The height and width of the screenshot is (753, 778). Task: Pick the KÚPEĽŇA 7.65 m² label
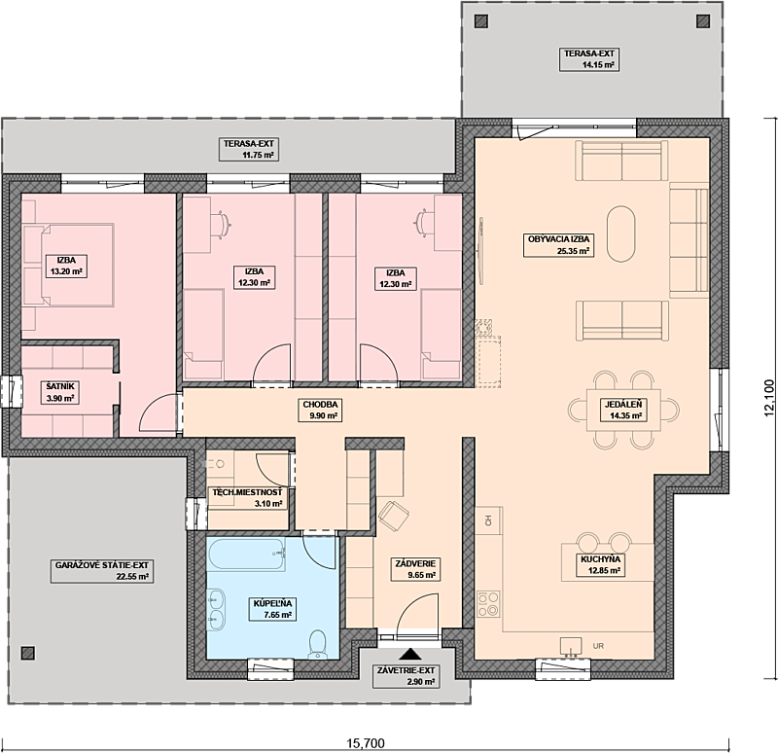tap(273, 609)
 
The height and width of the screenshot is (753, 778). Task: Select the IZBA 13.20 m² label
tap(66, 266)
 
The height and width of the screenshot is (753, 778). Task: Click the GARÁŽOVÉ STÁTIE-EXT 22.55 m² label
tap(102, 570)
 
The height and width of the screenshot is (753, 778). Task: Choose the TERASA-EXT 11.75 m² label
tap(250, 149)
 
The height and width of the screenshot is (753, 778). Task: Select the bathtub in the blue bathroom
tap(247, 557)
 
